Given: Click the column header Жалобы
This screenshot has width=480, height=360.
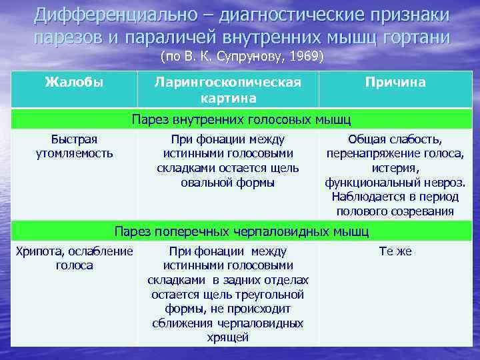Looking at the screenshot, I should click(74, 83).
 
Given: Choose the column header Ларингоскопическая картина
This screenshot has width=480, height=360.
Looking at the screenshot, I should click(228, 90).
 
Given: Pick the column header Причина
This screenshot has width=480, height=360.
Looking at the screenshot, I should click(395, 83).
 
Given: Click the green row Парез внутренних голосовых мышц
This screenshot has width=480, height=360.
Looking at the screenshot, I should click(241, 119).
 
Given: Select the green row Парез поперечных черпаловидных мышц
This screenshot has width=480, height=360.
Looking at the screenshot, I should click(241, 231).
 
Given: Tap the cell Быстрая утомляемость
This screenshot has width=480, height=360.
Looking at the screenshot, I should click(74, 147).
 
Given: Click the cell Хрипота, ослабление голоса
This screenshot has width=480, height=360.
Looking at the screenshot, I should click(74, 259).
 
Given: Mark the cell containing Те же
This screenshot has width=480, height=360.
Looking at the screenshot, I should click(395, 251).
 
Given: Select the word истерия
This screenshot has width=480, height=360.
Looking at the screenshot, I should click(395, 168).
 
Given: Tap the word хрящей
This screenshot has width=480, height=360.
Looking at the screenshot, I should click(228, 337).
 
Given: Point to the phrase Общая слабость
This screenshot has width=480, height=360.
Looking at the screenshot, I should click(395, 139).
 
